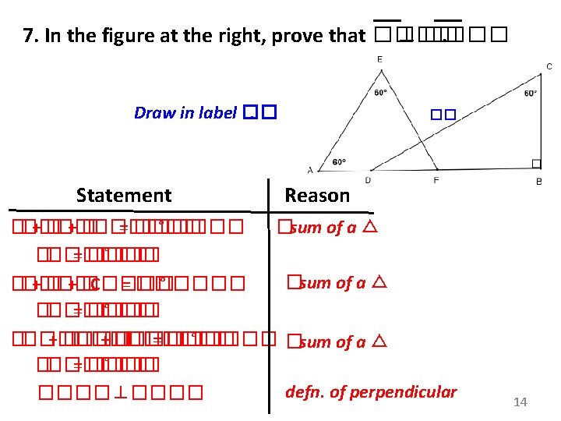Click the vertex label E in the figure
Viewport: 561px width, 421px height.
coord(379,59)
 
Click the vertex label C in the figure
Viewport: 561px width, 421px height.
coord(549,67)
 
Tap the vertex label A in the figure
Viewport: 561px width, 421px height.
coord(310,169)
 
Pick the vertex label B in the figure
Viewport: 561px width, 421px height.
coord(539,182)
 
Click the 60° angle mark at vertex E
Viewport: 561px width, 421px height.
coord(380,92)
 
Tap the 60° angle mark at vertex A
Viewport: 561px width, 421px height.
coord(340,162)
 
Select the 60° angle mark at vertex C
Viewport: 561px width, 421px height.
coord(530,94)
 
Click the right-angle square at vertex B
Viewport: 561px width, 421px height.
coord(536,163)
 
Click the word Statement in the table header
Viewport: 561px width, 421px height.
coord(124,195)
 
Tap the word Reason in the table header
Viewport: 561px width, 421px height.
coord(317,195)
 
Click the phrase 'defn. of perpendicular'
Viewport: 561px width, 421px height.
coord(371,391)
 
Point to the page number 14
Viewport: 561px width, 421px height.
coord(520,402)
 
